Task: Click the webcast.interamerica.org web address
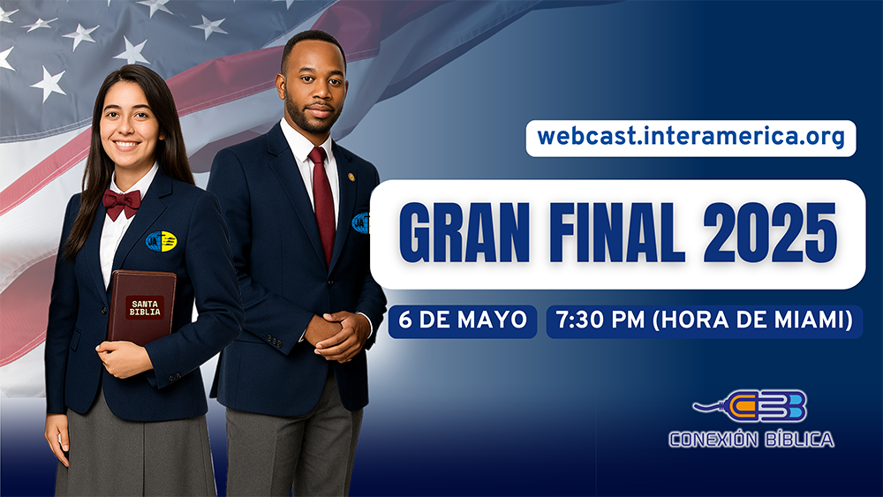(691, 138)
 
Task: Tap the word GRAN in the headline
(464, 234)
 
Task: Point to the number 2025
(770, 234)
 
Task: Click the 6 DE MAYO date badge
(463, 321)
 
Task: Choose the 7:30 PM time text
(600, 320)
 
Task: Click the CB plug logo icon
(750, 406)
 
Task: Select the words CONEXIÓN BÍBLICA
(751, 439)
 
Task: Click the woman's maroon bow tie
(122, 203)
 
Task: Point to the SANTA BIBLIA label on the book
(145, 308)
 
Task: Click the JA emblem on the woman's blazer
(161, 242)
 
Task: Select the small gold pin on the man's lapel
(351, 177)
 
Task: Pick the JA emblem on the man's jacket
(360, 223)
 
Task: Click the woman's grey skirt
(135, 451)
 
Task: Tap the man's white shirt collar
(307, 144)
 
